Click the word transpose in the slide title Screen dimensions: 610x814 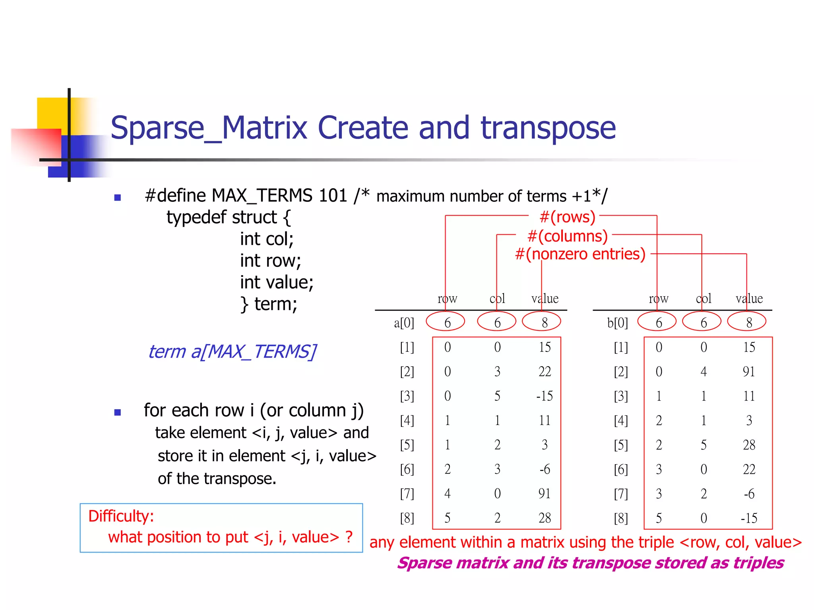point(548,128)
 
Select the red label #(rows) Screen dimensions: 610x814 point(567,217)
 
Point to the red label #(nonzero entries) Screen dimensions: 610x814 point(580,254)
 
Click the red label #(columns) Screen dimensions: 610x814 point(567,236)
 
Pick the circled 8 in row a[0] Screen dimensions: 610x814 point(545,322)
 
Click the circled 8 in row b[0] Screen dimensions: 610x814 point(749,322)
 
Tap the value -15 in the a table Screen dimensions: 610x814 point(544,396)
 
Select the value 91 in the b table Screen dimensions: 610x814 point(749,372)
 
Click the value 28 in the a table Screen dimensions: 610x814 point(545,518)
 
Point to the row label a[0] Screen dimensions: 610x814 point(404,323)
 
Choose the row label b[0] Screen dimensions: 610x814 point(617,323)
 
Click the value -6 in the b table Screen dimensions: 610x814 point(749,494)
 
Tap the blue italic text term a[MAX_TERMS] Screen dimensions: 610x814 point(232,351)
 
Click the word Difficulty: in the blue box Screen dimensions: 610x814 point(121,516)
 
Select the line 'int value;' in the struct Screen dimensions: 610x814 point(277,282)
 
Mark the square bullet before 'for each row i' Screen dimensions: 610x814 point(117,412)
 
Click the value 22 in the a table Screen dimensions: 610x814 point(545,372)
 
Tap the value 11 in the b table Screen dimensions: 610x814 point(749,396)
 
